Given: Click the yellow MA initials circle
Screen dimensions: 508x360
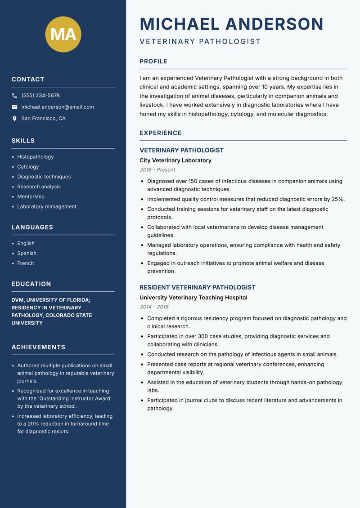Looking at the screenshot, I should click(63, 34).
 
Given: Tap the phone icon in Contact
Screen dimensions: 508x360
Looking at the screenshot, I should click(14, 96).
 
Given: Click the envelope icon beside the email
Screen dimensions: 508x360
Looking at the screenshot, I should click(14, 107).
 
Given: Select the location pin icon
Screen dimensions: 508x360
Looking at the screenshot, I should click(14, 119).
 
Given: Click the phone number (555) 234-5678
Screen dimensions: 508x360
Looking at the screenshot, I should click(40, 96).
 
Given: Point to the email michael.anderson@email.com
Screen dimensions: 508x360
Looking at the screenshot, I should click(58, 107).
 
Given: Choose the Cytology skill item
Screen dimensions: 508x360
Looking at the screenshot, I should click(28, 167).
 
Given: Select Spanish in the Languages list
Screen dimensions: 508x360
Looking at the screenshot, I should click(27, 253).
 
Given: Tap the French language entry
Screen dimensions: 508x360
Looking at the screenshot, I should click(25, 263).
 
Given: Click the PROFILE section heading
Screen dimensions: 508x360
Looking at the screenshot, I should click(153, 62).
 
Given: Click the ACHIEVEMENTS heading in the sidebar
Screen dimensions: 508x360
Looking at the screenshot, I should click(38, 347).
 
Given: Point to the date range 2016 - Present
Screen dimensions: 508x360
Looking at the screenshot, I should click(157, 169).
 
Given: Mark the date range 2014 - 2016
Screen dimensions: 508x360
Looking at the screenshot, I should click(154, 307).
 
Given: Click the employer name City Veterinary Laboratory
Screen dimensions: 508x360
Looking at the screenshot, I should click(175, 160).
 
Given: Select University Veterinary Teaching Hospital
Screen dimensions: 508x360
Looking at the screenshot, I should click(193, 297).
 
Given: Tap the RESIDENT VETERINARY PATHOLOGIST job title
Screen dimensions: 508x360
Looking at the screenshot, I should click(197, 287).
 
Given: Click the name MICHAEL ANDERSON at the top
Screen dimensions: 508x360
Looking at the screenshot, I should click(231, 24).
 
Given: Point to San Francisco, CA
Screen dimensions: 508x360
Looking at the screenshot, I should click(43, 119).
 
